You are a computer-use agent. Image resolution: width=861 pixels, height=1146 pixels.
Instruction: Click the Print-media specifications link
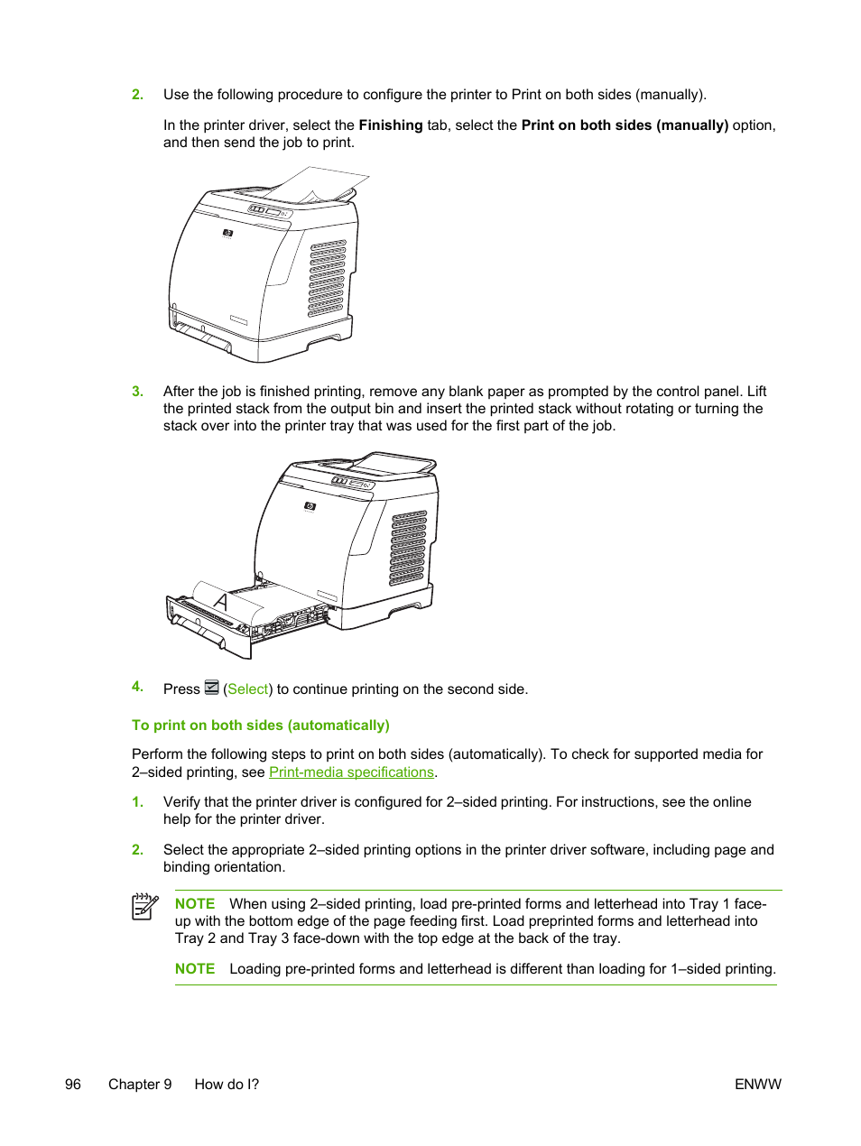click(x=351, y=772)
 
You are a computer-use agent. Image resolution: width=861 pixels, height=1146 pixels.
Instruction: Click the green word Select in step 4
click(x=248, y=689)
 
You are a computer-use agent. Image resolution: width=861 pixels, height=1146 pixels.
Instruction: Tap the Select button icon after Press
click(x=212, y=688)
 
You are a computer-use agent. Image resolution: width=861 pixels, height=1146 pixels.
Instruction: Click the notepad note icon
click(x=144, y=906)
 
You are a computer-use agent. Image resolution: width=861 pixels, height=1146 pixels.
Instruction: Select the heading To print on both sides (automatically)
click(x=261, y=725)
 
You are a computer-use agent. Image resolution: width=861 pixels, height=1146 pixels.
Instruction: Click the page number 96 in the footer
click(x=73, y=1085)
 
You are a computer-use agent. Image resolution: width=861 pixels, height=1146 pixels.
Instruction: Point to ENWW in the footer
click(x=757, y=1085)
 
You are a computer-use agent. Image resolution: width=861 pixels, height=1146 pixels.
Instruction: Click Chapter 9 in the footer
click(x=140, y=1085)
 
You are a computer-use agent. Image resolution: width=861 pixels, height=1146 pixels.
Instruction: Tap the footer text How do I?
click(x=227, y=1085)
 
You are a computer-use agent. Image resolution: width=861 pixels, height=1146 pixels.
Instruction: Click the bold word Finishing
click(x=391, y=125)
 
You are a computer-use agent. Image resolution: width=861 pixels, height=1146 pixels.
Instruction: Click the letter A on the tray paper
click(x=220, y=602)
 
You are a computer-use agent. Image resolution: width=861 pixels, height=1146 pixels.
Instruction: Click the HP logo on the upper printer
click(x=228, y=234)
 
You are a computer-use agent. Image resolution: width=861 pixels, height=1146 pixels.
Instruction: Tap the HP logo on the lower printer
click(x=310, y=507)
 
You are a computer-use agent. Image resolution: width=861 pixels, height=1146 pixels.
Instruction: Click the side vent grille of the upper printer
click(x=327, y=278)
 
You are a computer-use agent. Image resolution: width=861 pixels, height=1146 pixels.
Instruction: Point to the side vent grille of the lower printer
click(x=408, y=548)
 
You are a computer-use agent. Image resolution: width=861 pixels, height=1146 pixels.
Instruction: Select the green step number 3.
click(x=137, y=392)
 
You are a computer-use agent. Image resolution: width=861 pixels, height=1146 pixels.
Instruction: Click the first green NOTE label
click(x=195, y=904)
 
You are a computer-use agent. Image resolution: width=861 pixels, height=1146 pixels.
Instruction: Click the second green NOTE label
click(x=195, y=969)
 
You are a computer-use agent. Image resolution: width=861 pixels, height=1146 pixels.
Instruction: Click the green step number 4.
click(x=137, y=687)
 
